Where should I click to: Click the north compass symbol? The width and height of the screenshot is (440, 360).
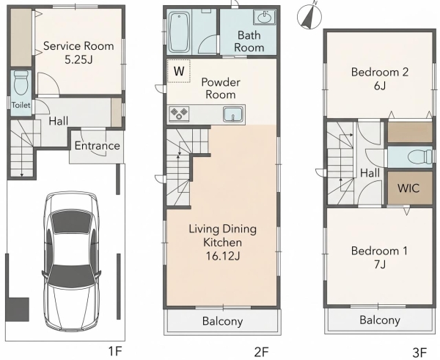click(x=309, y=16)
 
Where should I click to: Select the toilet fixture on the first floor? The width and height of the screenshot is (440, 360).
click(x=21, y=83)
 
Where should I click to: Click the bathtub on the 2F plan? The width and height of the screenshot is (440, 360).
click(x=179, y=32)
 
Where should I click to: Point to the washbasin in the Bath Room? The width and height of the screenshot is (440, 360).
click(x=264, y=18)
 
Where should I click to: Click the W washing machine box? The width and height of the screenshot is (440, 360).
click(x=179, y=71)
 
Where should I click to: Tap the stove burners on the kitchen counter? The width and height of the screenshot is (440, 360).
click(x=178, y=114)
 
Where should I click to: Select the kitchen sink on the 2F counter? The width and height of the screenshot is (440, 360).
click(x=233, y=114)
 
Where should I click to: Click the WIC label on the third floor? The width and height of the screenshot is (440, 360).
click(x=408, y=188)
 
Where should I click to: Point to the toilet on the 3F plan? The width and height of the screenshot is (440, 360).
click(x=419, y=157)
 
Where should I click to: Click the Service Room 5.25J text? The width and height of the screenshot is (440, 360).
click(x=78, y=53)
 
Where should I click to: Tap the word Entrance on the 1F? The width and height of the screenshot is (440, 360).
click(x=97, y=146)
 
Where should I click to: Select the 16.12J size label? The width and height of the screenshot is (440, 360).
click(x=223, y=256)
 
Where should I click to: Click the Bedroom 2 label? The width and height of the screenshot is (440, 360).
click(x=380, y=72)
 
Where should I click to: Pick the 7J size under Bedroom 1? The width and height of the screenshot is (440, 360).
click(x=380, y=265)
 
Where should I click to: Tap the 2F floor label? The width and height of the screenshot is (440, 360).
click(x=262, y=352)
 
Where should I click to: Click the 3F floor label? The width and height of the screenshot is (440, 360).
click(x=419, y=352)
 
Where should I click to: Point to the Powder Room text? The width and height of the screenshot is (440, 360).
click(x=221, y=88)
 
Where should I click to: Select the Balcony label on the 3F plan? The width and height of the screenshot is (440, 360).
click(x=380, y=320)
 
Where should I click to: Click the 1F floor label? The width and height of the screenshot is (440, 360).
click(x=115, y=351)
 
